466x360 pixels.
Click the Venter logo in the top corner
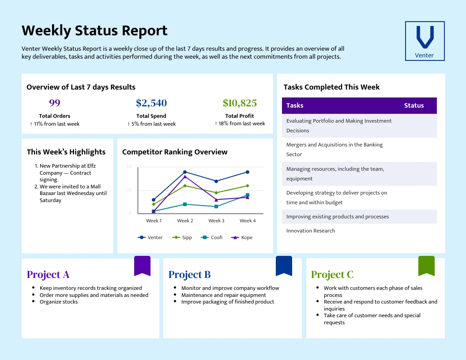(x=425, y=41)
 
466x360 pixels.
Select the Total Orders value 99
(x=55, y=103)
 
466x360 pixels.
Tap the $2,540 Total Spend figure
(x=151, y=103)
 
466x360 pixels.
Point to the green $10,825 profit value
(x=240, y=103)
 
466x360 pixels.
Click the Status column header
(x=413, y=105)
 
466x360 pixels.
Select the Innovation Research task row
(x=311, y=231)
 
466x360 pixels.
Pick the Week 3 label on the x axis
(x=216, y=221)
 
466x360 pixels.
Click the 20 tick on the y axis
(x=129, y=166)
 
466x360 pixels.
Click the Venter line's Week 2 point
(x=185, y=172)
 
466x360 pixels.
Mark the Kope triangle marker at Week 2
(x=185, y=176)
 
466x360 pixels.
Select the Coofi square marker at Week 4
(x=248, y=195)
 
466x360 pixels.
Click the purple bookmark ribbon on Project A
(x=142, y=266)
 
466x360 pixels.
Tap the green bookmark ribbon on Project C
(x=426, y=266)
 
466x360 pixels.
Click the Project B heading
(x=189, y=274)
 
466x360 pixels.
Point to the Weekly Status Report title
(x=94, y=31)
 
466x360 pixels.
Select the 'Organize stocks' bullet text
(x=59, y=302)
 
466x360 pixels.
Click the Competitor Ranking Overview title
(x=175, y=152)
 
